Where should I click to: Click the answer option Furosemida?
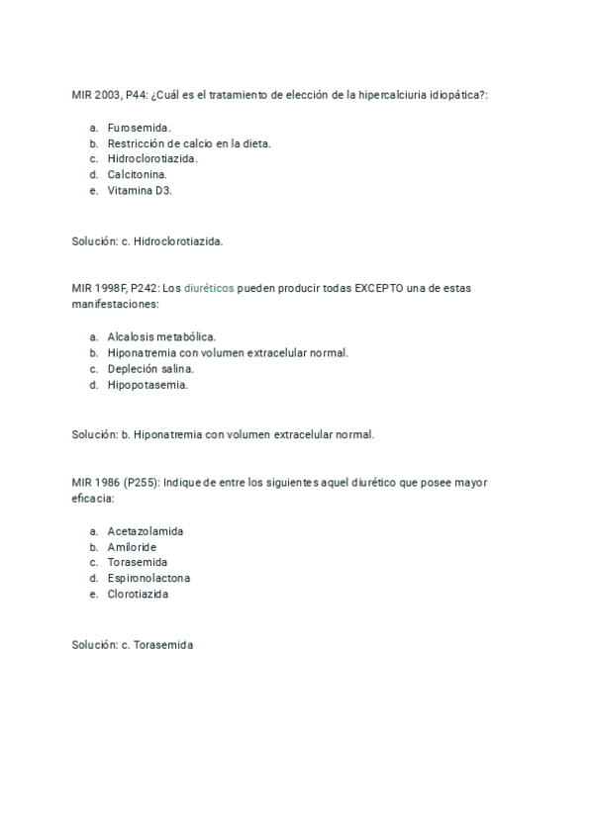[x=139, y=128]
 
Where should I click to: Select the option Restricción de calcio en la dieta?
[x=189, y=143]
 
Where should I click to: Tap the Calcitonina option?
[x=137, y=175]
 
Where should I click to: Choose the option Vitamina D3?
[x=140, y=191]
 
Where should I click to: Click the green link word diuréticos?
[x=209, y=288]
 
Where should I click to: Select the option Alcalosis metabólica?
[x=161, y=336]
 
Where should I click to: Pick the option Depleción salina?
[x=150, y=369]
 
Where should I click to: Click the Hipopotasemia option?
[x=148, y=385]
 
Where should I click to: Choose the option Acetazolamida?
[x=146, y=530]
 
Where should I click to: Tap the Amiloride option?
[x=133, y=546]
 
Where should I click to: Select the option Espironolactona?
[x=148, y=578]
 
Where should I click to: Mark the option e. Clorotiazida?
[x=138, y=594]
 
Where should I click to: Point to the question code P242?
[x=142, y=288]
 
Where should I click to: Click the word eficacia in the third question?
[x=92, y=498]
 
